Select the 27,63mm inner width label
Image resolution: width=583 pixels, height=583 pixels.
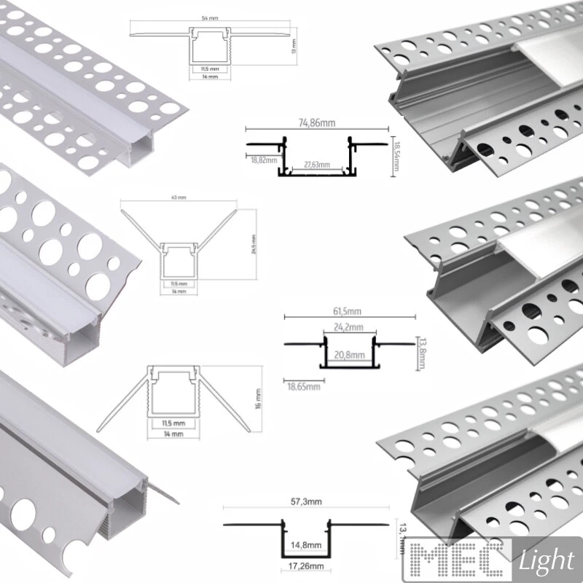[x=315, y=165]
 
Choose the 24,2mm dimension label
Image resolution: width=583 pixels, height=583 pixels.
[x=348, y=327]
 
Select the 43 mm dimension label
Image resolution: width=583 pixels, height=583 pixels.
[x=179, y=197]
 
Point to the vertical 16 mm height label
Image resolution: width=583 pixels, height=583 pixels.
[x=260, y=399]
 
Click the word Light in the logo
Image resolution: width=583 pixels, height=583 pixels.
[x=547, y=560]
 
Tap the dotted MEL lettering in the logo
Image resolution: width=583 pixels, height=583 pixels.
[x=460, y=559]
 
